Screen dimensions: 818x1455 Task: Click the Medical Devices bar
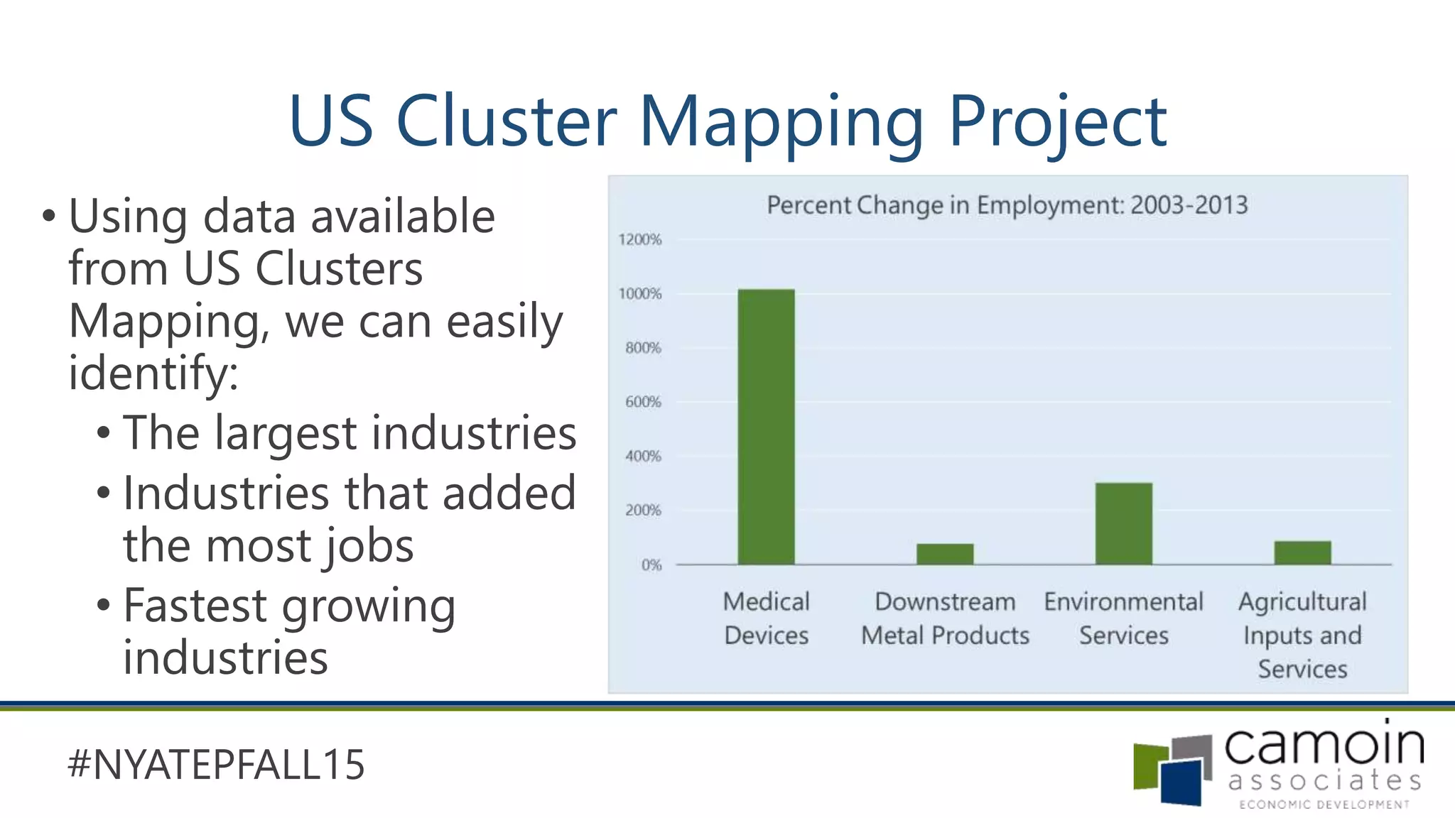click(766, 426)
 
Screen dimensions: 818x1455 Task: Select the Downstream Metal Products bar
click(945, 554)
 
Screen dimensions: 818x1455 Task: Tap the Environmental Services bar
click(1123, 523)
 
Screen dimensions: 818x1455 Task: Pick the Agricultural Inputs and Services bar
click(1302, 552)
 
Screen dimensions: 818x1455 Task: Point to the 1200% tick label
click(639, 239)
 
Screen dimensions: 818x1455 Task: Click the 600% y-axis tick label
click(643, 402)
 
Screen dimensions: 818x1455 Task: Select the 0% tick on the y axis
click(651, 565)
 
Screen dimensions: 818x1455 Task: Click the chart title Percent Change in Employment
click(1007, 205)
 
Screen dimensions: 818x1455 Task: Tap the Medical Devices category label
click(766, 618)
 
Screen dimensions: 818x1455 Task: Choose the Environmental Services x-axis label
click(1123, 618)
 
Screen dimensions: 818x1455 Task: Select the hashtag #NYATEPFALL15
click(216, 765)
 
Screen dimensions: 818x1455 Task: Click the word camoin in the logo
click(1324, 745)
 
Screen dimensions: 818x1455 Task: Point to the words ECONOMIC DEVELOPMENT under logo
click(1324, 805)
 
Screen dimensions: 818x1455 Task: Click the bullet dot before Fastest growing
click(104, 606)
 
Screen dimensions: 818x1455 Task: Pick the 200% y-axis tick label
click(643, 511)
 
